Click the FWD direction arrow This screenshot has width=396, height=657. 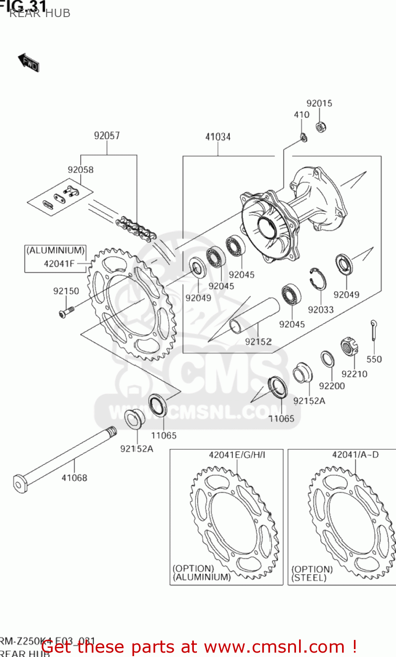tap(29, 63)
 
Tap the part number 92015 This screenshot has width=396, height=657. tap(319, 103)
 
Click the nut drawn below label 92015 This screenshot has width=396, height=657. tap(321, 127)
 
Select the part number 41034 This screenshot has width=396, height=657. tap(218, 137)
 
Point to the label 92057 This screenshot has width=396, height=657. tap(107, 136)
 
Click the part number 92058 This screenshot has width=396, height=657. tap(80, 170)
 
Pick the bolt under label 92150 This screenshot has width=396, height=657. tap(66, 312)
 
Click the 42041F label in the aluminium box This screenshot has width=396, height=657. tap(59, 264)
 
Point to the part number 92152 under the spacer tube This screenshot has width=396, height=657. tap(258, 342)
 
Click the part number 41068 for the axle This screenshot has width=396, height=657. tap(74, 478)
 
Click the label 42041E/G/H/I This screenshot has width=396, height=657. tap(237, 455)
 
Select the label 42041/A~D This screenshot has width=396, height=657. tap(355, 455)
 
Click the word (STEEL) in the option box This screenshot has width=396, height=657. tap(309, 578)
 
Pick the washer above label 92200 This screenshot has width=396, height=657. tap(327, 359)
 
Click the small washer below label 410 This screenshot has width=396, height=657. tap(303, 138)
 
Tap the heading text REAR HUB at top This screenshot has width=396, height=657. tap(39, 13)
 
